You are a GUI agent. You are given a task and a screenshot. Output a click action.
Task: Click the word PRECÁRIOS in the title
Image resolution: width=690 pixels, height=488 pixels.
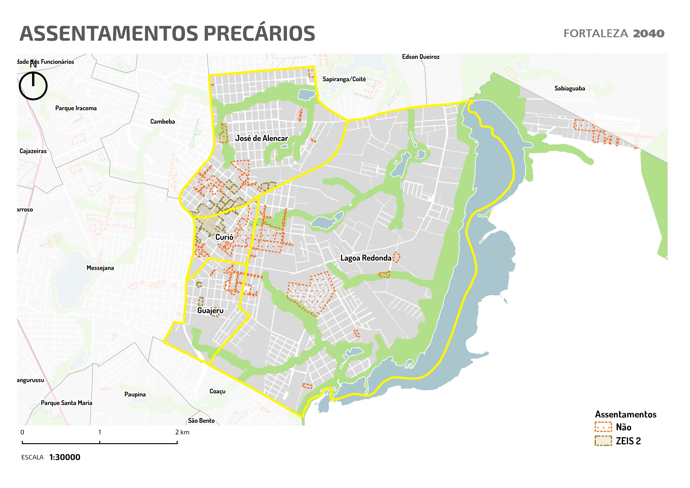point(259,33)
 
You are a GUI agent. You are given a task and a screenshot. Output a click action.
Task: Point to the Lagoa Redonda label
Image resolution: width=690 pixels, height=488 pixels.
point(366,258)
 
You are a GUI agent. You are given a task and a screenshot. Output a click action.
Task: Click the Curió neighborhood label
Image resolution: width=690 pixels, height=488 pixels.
point(224,237)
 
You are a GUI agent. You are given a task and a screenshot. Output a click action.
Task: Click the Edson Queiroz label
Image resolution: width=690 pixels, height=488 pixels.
point(420,57)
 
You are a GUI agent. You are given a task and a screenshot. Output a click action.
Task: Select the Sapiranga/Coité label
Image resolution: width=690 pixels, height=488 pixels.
point(344,79)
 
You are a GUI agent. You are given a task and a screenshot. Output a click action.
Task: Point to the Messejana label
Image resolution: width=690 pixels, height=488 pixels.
point(100,268)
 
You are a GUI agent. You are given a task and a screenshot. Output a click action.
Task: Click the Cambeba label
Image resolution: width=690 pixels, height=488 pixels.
point(162,121)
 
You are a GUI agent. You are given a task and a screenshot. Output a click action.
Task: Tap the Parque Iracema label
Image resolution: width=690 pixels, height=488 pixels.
point(76,108)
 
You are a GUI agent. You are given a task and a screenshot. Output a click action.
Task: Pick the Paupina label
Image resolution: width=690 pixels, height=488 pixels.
point(135,394)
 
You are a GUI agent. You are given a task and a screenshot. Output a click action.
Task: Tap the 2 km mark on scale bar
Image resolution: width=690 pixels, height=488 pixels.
point(177,442)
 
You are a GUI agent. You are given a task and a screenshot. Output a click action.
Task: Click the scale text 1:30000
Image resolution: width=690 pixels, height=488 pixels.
point(65,457)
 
